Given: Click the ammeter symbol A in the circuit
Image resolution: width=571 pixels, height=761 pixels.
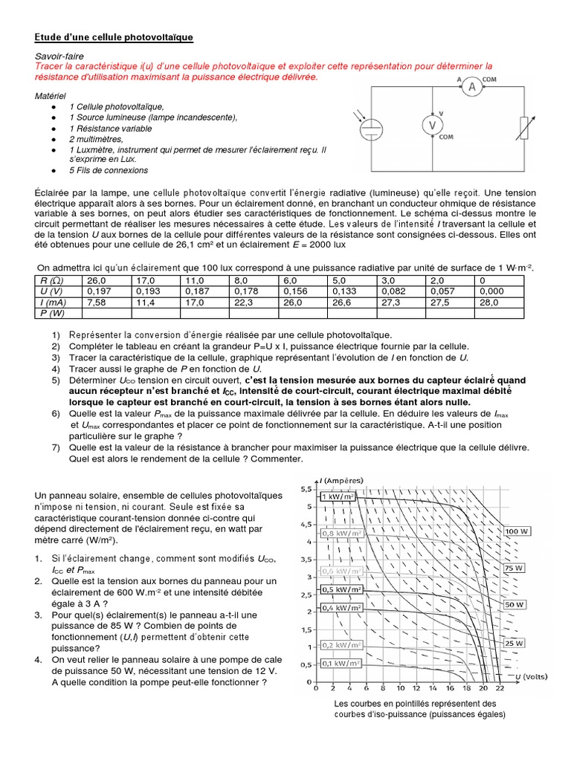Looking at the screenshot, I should point(471,87).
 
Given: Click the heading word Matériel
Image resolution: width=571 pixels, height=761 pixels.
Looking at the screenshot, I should point(51,97).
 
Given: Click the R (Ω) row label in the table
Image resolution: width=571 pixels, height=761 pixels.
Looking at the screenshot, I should point(50,281).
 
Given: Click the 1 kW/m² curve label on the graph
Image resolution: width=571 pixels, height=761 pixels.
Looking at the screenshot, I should point(341,496).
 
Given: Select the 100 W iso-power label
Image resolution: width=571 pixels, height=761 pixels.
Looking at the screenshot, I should point(515,531).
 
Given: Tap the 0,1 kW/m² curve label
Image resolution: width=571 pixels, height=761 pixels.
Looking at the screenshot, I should point(341,662).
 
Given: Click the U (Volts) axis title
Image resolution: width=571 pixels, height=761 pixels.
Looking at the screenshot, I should point(532,678).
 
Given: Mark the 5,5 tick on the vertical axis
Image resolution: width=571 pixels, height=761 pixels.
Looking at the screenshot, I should point(306,490).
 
